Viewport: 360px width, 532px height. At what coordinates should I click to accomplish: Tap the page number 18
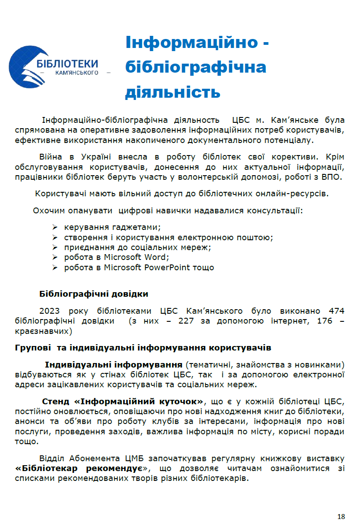(x=341, y=517)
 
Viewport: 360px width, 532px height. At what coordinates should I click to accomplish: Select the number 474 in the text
(x=336, y=311)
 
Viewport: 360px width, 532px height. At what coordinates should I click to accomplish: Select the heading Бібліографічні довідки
(x=94, y=294)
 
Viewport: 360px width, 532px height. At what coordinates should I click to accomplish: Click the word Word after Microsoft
(x=155, y=257)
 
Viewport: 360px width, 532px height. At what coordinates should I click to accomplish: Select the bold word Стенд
(x=56, y=401)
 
